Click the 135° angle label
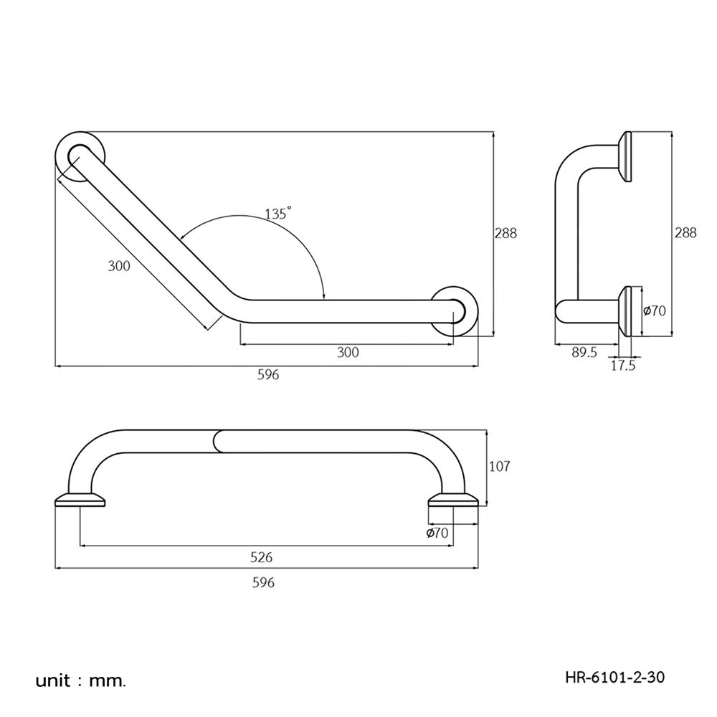tap(277, 214)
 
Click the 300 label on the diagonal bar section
tap(119, 266)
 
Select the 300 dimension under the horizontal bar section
tap(348, 352)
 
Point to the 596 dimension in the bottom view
tap(264, 582)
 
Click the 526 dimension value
tap(261, 557)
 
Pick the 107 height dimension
tap(499, 467)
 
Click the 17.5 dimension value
tap(623, 365)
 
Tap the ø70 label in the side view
tap(655, 311)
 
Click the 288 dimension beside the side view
tap(685, 233)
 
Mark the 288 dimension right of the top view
tap(505, 233)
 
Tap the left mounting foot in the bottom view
tap(80, 500)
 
